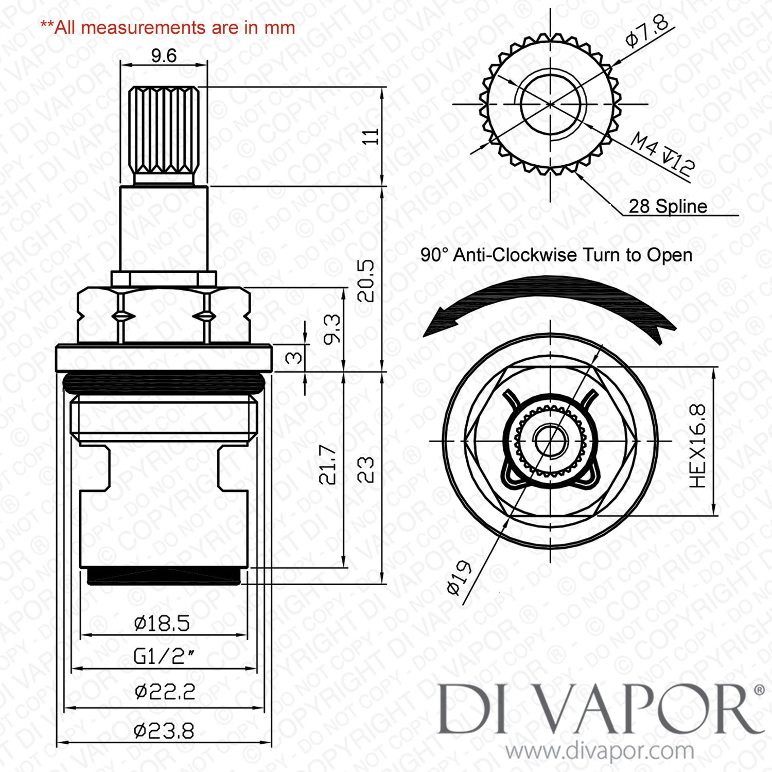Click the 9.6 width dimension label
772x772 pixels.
(x=164, y=56)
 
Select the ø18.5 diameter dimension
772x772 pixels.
(x=162, y=623)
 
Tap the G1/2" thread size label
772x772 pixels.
(x=164, y=656)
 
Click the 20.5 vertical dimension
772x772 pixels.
(x=366, y=280)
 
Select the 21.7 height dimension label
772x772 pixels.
(x=328, y=465)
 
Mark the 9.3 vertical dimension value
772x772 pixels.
(x=332, y=329)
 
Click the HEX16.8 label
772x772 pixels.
(x=698, y=446)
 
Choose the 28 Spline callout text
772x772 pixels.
(x=668, y=206)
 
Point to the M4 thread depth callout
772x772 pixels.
(x=662, y=152)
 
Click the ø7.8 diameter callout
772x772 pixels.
(x=647, y=31)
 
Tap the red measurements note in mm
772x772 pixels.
(x=168, y=27)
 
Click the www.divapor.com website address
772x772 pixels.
(x=600, y=751)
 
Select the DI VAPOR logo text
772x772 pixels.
(x=600, y=709)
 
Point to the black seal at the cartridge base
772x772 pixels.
(x=164, y=576)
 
